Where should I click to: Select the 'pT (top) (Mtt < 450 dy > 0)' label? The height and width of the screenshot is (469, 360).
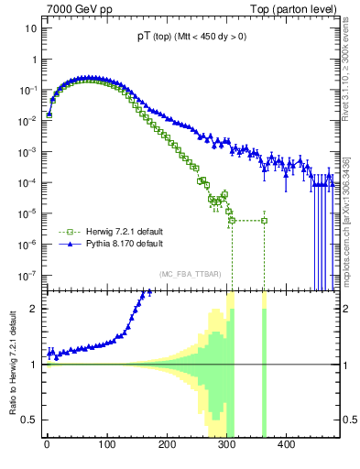pyautogui.click(x=191, y=38)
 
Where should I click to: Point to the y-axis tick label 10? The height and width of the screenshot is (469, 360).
pyautogui.click(x=30, y=28)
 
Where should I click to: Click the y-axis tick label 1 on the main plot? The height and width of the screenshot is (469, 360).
pyautogui.click(x=33, y=60)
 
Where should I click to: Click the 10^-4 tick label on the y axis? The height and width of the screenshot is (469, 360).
pyautogui.click(x=27, y=182)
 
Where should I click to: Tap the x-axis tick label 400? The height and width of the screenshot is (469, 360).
pyautogui.click(x=286, y=446)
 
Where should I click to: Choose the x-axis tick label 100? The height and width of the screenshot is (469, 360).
pyautogui.click(x=106, y=446)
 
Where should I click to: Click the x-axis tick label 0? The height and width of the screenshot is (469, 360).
pyautogui.click(x=47, y=446)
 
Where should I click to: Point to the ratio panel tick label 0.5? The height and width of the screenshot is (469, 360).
pyautogui.click(x=28, y=420)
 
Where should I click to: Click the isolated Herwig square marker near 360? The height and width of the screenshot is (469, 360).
pyautogui.click(x=264, y=221)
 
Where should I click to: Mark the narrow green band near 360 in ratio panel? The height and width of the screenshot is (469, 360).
pyautogui.click(x=264, y=366)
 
